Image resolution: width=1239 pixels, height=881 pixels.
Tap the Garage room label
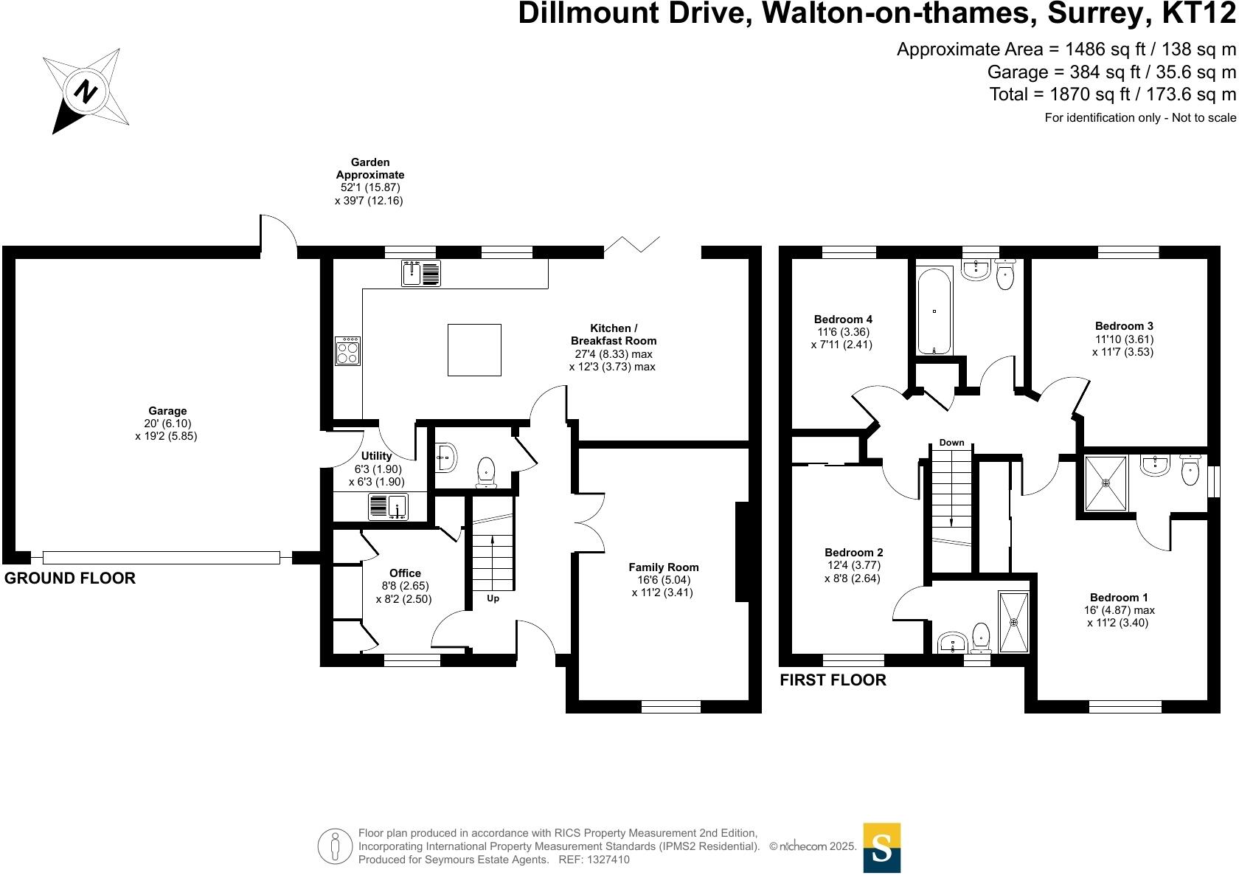click(x=167, y=411)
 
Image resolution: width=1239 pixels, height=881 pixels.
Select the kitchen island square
click(x=474, y=350)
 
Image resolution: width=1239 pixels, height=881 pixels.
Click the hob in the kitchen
click(x=347, y=350)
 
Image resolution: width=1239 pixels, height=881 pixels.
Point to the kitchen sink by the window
click(x=421, y=273)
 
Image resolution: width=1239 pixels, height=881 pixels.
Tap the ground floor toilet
click(x=486, y=472)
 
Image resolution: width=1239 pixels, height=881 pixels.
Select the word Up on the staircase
click(x=493, y=598)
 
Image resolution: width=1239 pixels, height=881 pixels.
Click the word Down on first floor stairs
click(x=951, y=443)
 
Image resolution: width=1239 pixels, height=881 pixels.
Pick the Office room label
click(x=405, y=573)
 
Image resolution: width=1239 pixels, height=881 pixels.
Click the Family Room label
click(x=663, y=567)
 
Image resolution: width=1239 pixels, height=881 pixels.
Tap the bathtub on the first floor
click(x=934, y=310)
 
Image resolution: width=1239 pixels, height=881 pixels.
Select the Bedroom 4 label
click(x=843, y=319)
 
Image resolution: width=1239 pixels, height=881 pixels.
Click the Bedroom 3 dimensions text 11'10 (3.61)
click(x=1124, y=339)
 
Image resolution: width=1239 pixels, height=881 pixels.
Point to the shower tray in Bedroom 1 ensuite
click(x=1106, y=483)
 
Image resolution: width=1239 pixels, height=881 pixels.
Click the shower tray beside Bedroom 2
click(x=1013, y=621)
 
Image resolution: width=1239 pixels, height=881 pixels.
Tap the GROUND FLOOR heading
click(x=70, y=578)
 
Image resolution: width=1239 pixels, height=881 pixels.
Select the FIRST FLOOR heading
click(x=833, y=680)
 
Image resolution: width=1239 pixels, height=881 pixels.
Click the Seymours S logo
click(x=881, y=848)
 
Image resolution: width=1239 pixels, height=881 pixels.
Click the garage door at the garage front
click(x=161, y=558)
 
